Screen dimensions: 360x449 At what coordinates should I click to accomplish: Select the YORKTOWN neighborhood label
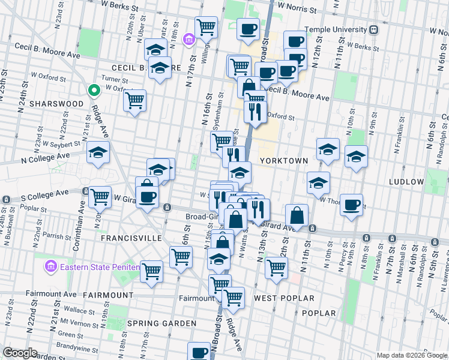[284, 161]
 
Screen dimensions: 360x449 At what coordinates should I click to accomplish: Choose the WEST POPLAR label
[284, 298]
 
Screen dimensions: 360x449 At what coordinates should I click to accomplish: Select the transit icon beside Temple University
[373, 29]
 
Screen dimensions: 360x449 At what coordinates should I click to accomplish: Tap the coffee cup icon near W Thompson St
[351, 205]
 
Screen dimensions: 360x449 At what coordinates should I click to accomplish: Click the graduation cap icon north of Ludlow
[356, 157]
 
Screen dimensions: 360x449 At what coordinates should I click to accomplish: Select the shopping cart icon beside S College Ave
[100, 196]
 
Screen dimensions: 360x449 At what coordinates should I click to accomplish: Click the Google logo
[20, 353]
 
